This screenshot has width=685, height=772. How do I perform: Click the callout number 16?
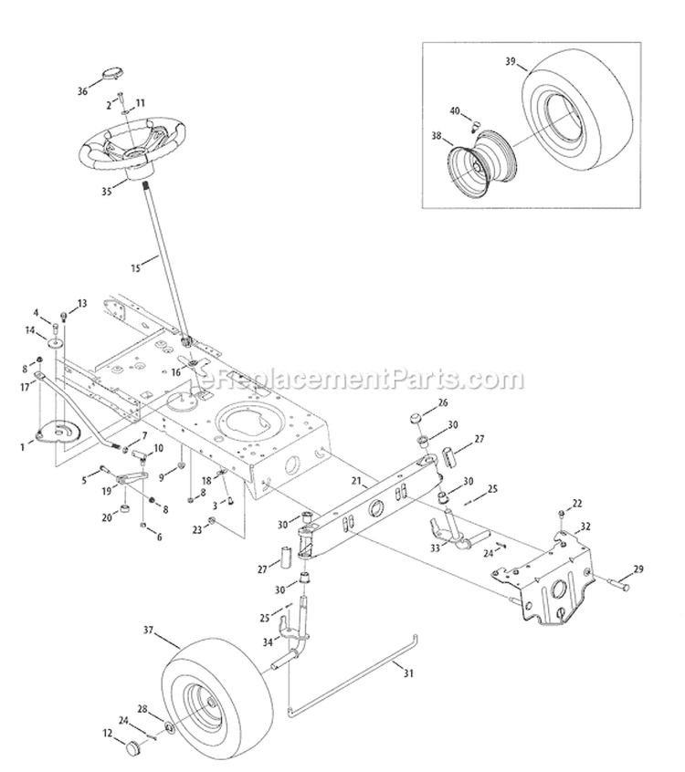pos(175,372)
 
